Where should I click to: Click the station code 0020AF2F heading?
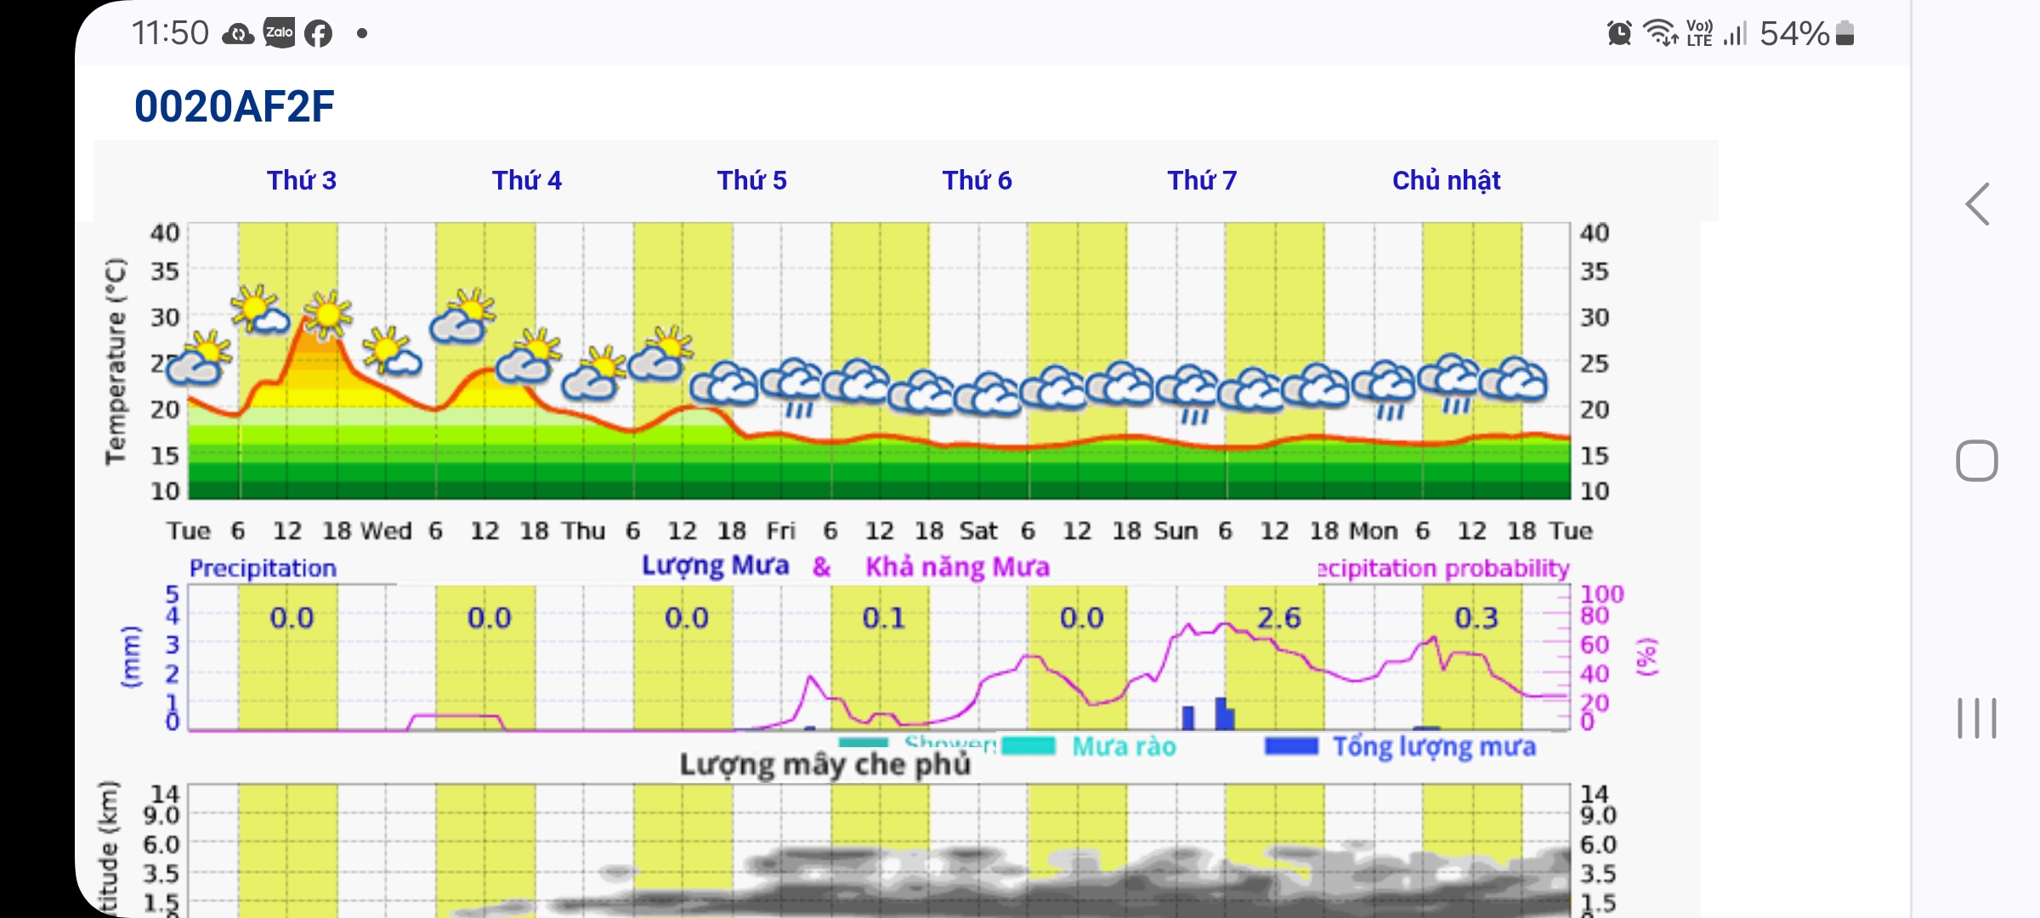235,107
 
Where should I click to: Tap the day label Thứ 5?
751,180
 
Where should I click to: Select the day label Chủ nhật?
1446,180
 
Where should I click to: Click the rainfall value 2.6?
1278,618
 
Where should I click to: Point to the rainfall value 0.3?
1476,618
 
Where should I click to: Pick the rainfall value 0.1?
883,618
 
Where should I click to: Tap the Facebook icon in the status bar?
319,34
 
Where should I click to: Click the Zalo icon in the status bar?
280,33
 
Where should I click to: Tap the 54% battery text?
1793,34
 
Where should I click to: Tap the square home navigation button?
1976,462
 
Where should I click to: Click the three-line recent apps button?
1976,718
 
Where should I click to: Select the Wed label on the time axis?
385,531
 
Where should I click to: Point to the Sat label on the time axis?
978,531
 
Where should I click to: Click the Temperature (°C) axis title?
116,361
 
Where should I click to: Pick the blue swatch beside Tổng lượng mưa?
1291,746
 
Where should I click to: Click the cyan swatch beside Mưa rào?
1028,746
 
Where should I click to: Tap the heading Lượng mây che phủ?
824,765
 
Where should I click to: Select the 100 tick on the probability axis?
1601,594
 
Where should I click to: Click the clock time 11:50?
170,34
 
